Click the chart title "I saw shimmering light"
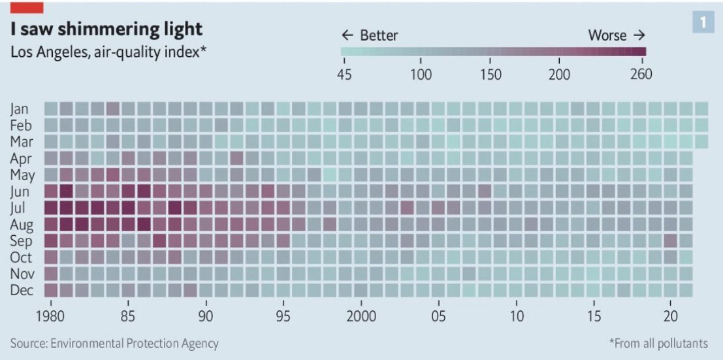point(106,29)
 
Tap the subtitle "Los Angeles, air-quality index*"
point(108,52)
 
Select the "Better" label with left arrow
point(370,35)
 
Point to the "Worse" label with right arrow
point(617,35)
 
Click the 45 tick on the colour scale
point(344,74)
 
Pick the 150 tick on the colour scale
point(490,74)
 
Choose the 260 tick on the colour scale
point(641,74)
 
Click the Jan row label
point(20,108)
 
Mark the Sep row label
point(20,241)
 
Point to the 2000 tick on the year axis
point(361,317)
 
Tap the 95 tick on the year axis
point(283,317)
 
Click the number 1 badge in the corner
point(703,23)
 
